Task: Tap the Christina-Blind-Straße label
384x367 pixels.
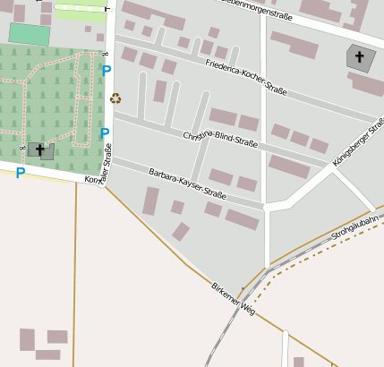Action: [220, 140]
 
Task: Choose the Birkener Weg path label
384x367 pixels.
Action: [233, 298]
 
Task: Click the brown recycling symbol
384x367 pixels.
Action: [115, 98]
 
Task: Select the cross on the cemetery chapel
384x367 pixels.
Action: [39, 149]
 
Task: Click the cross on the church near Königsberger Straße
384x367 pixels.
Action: [360, 57]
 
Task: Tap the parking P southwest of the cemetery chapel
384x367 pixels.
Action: [20, 173]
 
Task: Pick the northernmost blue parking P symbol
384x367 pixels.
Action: [107, 70]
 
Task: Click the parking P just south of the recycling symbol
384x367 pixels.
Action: [105, 133]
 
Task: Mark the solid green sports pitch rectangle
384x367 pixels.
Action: [30, 34]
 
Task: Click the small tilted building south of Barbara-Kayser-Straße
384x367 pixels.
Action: [181, 232]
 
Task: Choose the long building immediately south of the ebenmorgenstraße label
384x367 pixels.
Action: [294, 45]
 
